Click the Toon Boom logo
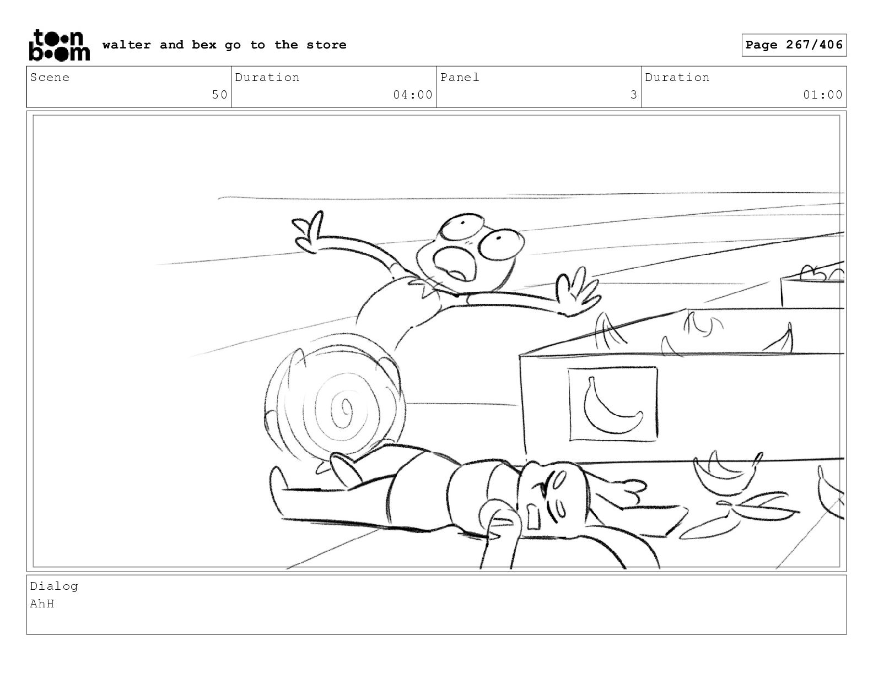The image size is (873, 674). [60, 45]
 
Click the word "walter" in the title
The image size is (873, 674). [127, 45]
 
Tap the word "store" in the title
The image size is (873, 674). [326, 45]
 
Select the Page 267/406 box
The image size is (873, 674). [794, 45]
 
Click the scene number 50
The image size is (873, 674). [220, 95]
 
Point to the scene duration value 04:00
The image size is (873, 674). [413, 95]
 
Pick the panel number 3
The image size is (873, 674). [634, 95]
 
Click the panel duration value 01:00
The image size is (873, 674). [823, 95]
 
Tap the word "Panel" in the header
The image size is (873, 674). [460, 77]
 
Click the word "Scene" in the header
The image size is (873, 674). [50, 77]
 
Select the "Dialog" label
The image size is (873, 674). [54, 586]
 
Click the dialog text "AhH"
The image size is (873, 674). [42, 604]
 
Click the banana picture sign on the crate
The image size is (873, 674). [613, 404]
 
